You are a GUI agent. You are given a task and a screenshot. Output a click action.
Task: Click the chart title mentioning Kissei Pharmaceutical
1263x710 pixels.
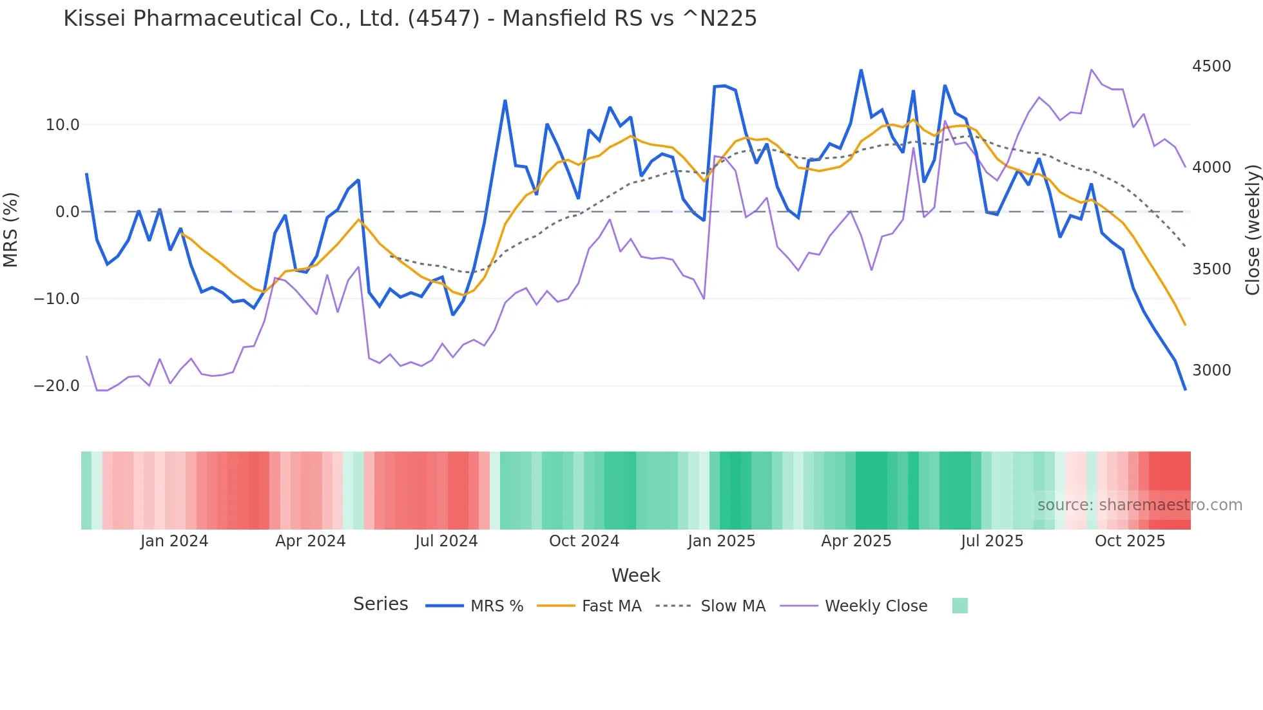[x=410, y=18]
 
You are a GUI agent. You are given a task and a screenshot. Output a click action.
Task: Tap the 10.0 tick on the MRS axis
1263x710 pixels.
[x=63, y=125]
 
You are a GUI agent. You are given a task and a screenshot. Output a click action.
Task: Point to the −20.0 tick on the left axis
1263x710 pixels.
[x=57, y=386]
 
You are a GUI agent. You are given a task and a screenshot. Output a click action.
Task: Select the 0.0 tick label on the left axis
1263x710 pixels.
[x=67, y=212]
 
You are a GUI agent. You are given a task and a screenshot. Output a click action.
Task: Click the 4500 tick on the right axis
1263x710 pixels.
[x=1211, y=66]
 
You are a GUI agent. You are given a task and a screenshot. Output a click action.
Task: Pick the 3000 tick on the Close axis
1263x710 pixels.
[x=1211, y=370]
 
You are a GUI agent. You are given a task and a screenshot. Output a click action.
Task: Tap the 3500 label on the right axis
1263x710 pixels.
[x=1211, y=269]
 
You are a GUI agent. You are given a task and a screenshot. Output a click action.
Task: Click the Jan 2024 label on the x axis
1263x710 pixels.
[x=174, y=541]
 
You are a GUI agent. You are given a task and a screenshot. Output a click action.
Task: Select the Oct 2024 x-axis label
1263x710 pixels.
[x=584, y=541]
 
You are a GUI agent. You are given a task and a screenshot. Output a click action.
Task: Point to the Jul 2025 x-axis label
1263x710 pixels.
[x=992, y=541]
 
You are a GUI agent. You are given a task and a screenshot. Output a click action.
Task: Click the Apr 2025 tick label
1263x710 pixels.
[x=856, y=541]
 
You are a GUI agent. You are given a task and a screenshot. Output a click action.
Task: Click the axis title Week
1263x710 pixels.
[x=635, y=575]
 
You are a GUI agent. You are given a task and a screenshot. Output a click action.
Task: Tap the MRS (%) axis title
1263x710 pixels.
[x=11, y=230]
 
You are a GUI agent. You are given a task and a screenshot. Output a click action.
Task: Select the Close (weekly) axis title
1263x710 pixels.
[x=1252, y=230]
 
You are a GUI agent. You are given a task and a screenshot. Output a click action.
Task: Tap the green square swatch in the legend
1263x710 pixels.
[x=959, y=606]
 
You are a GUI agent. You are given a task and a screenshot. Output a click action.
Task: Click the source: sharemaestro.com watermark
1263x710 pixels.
[x=1139, y=505]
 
